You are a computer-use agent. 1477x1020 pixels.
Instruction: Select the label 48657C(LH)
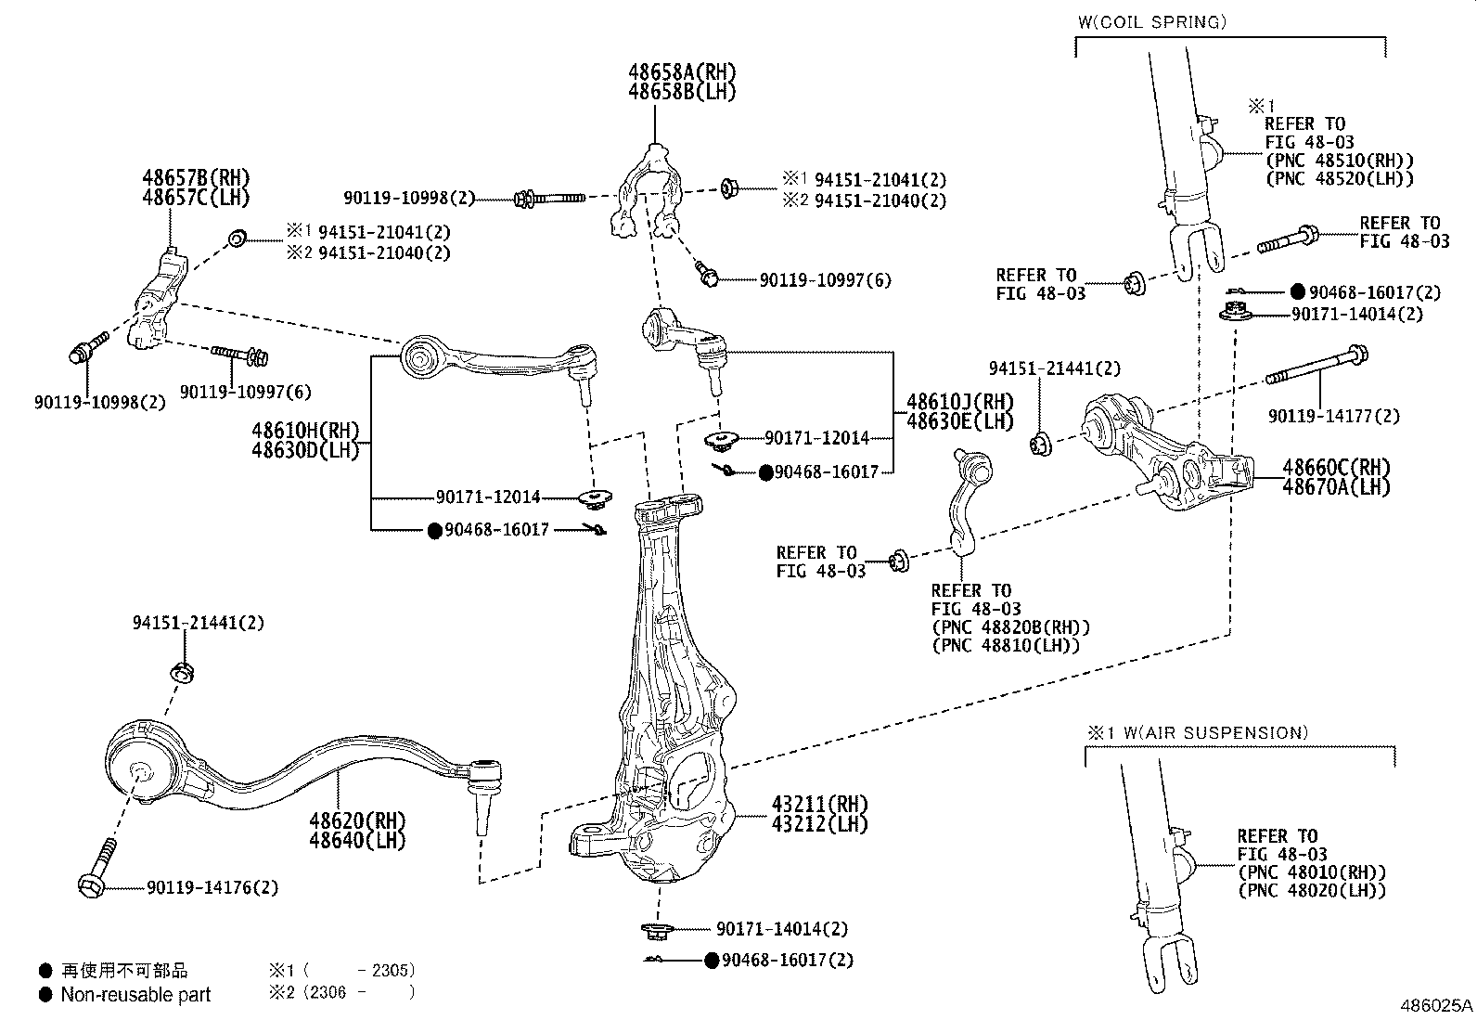pos(196,197)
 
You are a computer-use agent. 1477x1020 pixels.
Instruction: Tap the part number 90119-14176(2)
pos(212,887)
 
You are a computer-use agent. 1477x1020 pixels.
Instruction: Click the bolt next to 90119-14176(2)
pos(99,867)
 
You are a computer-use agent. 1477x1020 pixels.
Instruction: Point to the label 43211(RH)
pos(819,803)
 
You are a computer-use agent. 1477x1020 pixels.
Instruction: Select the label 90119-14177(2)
pos(1334,417)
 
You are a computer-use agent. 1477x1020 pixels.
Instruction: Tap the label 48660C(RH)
pos(1336,467)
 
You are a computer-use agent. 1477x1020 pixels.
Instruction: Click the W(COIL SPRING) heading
pos(1151,21)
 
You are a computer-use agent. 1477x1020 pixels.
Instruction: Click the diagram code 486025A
pos(1435,1005)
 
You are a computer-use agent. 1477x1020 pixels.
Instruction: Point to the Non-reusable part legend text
pos(135,995)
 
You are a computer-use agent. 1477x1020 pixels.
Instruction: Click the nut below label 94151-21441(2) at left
pos(183,671)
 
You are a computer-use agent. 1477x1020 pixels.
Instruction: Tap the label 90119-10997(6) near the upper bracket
pos(825,280)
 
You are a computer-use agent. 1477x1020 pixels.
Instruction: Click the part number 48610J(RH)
pos(946,402)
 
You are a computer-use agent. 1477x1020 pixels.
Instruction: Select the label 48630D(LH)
pos(304,451)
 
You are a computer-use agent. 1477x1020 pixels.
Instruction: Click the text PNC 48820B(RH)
pos(1011,627)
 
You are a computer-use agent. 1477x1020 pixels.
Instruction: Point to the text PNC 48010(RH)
pos(1312,872)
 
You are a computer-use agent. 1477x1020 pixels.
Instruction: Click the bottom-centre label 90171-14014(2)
pos(781,929)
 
